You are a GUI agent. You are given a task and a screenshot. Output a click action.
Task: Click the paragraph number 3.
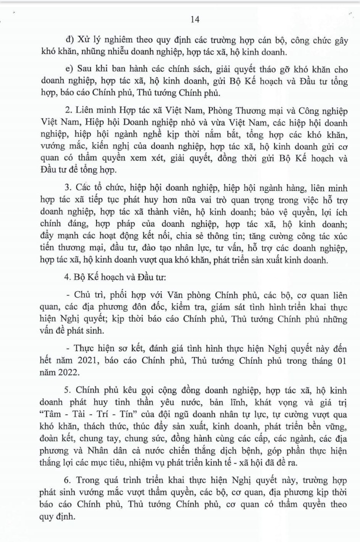click(69, 188)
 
